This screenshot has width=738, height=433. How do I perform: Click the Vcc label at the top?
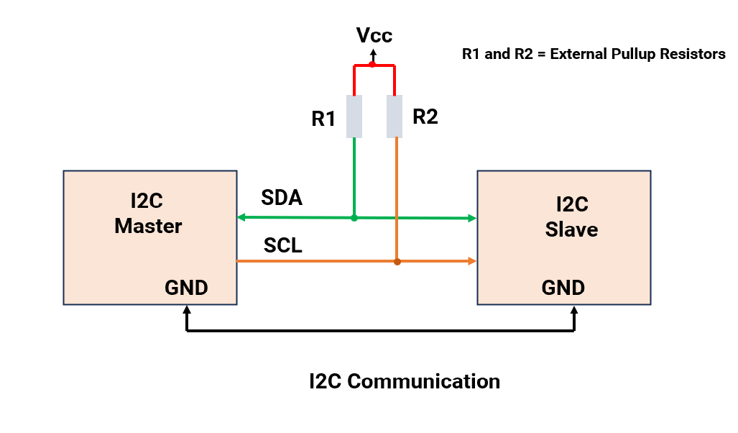point(375,35)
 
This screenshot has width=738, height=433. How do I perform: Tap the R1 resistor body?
point(354,116)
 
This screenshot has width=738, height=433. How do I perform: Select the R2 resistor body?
point(395,116)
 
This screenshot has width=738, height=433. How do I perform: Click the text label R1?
point(324,119)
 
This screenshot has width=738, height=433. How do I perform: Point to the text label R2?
point(425,117)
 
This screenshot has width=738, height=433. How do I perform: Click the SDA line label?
point(282,198)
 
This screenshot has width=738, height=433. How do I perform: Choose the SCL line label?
point(282,245)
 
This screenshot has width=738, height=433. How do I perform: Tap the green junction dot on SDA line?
point(354,217)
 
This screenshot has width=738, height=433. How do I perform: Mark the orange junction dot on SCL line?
point(397,262)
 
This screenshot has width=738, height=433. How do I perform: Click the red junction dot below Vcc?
point(372,65)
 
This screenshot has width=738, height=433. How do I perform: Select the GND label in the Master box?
point(187,288)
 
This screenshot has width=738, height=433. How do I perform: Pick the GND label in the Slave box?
point(563,288)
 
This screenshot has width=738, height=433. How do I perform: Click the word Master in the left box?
point(149,226)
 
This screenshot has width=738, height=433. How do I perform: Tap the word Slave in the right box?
point(572,229)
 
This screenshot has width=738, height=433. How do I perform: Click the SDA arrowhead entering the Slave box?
point(472,218)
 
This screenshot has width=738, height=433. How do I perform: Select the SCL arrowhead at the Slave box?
point(472,262)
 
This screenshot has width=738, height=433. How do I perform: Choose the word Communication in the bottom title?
point(424,380)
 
